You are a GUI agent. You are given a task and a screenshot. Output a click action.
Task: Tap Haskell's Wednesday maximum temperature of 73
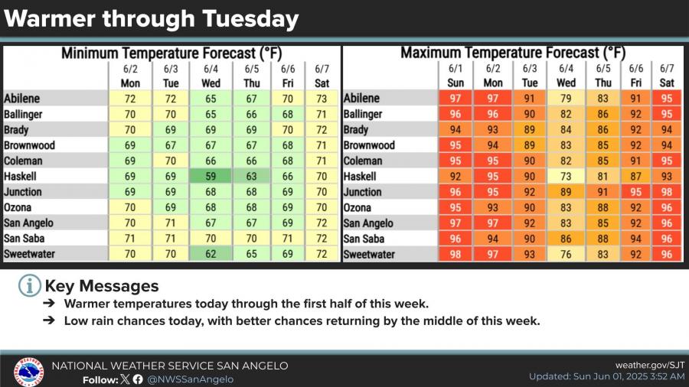click(567, 176)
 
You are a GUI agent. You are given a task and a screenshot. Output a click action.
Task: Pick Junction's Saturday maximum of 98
click(667, 192)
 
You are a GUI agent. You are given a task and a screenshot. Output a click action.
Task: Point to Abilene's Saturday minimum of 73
click(322, 99)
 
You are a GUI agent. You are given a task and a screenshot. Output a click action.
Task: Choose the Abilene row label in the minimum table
click(22, 99)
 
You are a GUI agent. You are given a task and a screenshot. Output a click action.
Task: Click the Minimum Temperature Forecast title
click(173, 54)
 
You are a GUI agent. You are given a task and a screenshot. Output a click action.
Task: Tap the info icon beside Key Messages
click(29, 286)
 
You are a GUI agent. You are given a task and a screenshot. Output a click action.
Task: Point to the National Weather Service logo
click(28, 371)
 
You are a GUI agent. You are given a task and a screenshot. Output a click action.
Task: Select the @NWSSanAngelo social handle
click(190, 379)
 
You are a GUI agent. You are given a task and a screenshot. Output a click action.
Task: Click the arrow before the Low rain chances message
click(49, 321)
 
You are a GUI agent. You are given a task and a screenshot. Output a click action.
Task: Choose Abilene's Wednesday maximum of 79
click(567, 99)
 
